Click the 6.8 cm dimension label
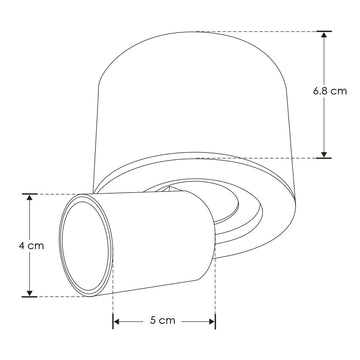point(330,91)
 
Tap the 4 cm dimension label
point(31,246)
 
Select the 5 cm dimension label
point(162,321)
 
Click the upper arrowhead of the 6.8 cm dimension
point(324,36)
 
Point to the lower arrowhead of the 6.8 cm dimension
point(324,153)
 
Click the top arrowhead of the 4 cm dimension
point(30,198)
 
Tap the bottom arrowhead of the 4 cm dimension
point(30,292)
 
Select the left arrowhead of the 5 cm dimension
point(117,321)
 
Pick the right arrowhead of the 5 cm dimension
point(211,321)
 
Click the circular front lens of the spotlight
point(86,246)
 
